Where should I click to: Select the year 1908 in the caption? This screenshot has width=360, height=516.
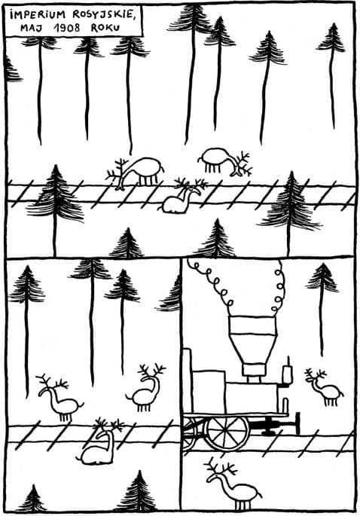click(x=69, y=28)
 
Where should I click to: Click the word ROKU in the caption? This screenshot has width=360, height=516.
click(x=105, y=28)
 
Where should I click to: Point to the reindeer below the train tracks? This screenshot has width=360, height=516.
click(x=233, y=484)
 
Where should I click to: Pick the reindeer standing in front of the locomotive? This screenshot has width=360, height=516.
click(x=325, y=387)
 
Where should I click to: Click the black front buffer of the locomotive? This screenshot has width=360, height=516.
click(x=297, y=423)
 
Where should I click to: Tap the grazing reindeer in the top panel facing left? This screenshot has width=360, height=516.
click(x=136, y=172)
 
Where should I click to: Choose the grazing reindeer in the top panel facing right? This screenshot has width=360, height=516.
click(x=225, y=163)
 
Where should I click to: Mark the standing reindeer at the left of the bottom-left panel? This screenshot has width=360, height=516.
click(x=60, y=398)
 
